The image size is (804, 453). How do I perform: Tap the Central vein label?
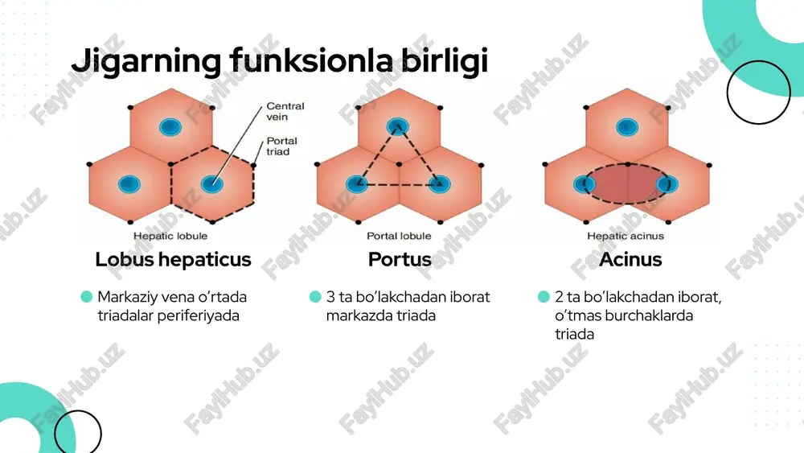pyautogui.click(x=285, y=111)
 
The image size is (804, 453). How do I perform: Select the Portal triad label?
pyautogui.click(x=281, y=146)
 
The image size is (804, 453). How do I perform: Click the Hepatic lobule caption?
pyautogui.click(x=170, y=236)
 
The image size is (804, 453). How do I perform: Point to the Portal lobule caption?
pyautogui.click(x=399, y=236)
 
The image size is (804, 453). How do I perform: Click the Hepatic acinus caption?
pyautogui.click(x=626, y=236)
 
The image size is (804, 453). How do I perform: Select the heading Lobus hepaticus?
pyautogui.click(x=174, y=260)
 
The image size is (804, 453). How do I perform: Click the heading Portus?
pyautogui.click(x=400, y=260)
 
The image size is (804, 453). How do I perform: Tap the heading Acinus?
pyautogui.click(x=630, y=260)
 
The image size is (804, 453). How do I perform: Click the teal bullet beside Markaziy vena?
pyautogui.click(x=87, y=297)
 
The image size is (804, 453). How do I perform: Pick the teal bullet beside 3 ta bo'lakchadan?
pyautogui.click(x=315, y=297)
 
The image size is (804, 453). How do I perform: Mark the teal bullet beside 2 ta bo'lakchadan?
pyautogui.click(x=544, y=297)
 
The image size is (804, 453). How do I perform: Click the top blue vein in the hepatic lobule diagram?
pyautogui.click(x=170, y=126)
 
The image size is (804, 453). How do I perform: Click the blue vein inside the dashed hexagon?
pyautogui.click(x=212, y=183)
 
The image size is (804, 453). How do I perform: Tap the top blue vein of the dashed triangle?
pyautogui.click(x=398, y=126)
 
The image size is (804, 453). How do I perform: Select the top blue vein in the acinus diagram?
pyautogui.click(x=626, y=126)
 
